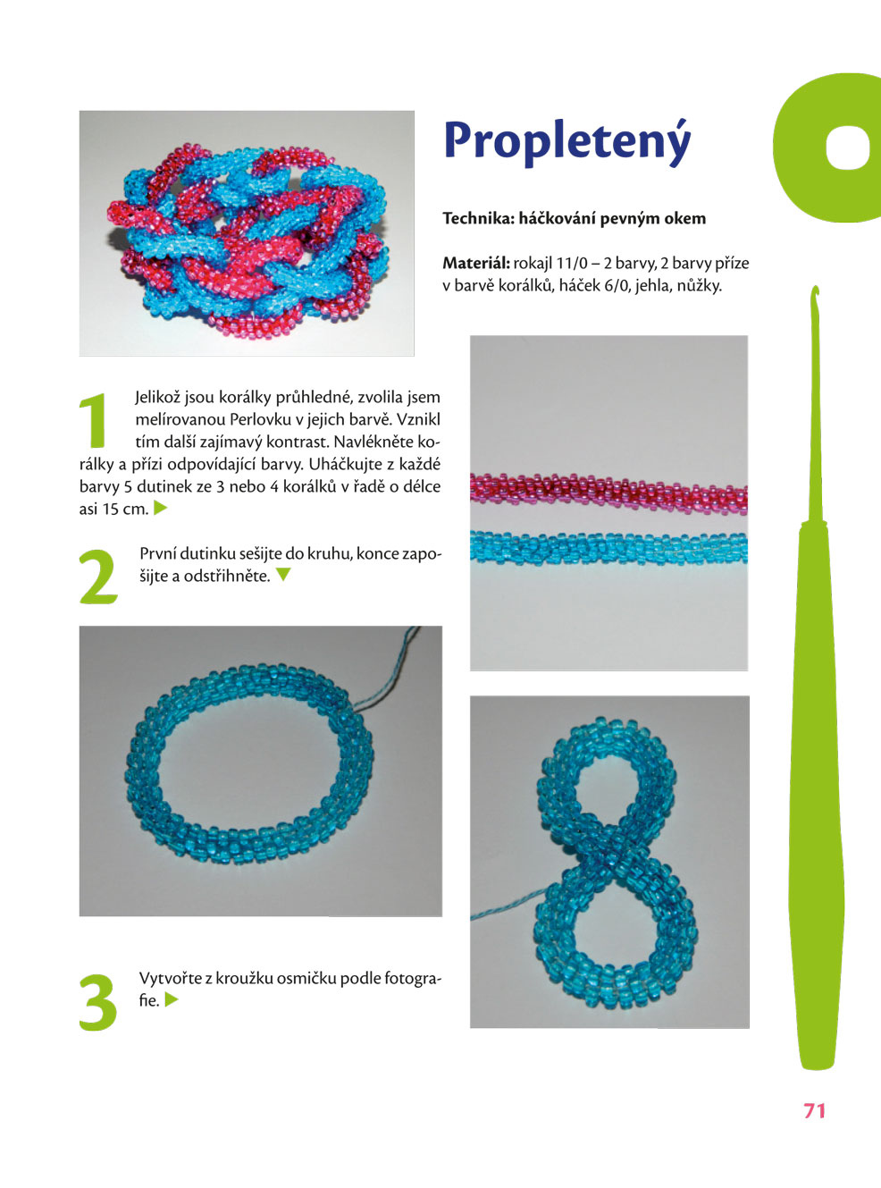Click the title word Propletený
567,142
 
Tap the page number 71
815,1111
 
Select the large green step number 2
98,577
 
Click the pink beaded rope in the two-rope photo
608,493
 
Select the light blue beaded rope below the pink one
608,547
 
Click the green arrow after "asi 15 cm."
160,507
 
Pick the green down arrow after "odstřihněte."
283,575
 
